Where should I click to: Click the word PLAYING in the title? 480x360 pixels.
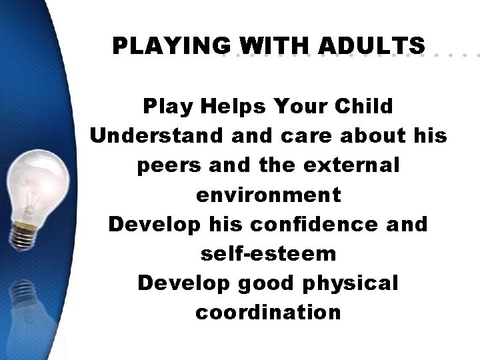171,46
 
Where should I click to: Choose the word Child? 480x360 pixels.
363,106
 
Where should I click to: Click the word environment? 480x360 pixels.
268,195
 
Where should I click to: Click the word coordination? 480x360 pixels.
268,313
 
